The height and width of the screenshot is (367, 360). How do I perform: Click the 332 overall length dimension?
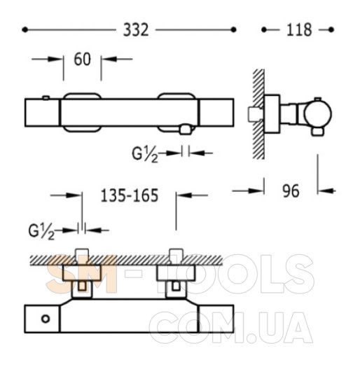click(x=136, y=30)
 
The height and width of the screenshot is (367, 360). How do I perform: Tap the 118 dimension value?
click(x=299, y=30)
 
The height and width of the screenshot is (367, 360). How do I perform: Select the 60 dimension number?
click(x=82, y=60)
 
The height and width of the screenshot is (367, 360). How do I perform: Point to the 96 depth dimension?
click(x=291, y=191)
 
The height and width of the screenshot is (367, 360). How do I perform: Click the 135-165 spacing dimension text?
click(x=130, y=195)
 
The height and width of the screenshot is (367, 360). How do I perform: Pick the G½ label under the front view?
click(x=145, y=155)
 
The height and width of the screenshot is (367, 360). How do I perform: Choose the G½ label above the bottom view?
click(x=41, y=232)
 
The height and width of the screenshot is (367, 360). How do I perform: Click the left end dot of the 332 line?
click(x=25, y=29)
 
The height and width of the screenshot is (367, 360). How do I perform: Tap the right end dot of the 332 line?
click(x=233, y=29)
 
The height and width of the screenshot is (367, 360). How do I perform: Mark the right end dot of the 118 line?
click(x=331, y=29)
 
